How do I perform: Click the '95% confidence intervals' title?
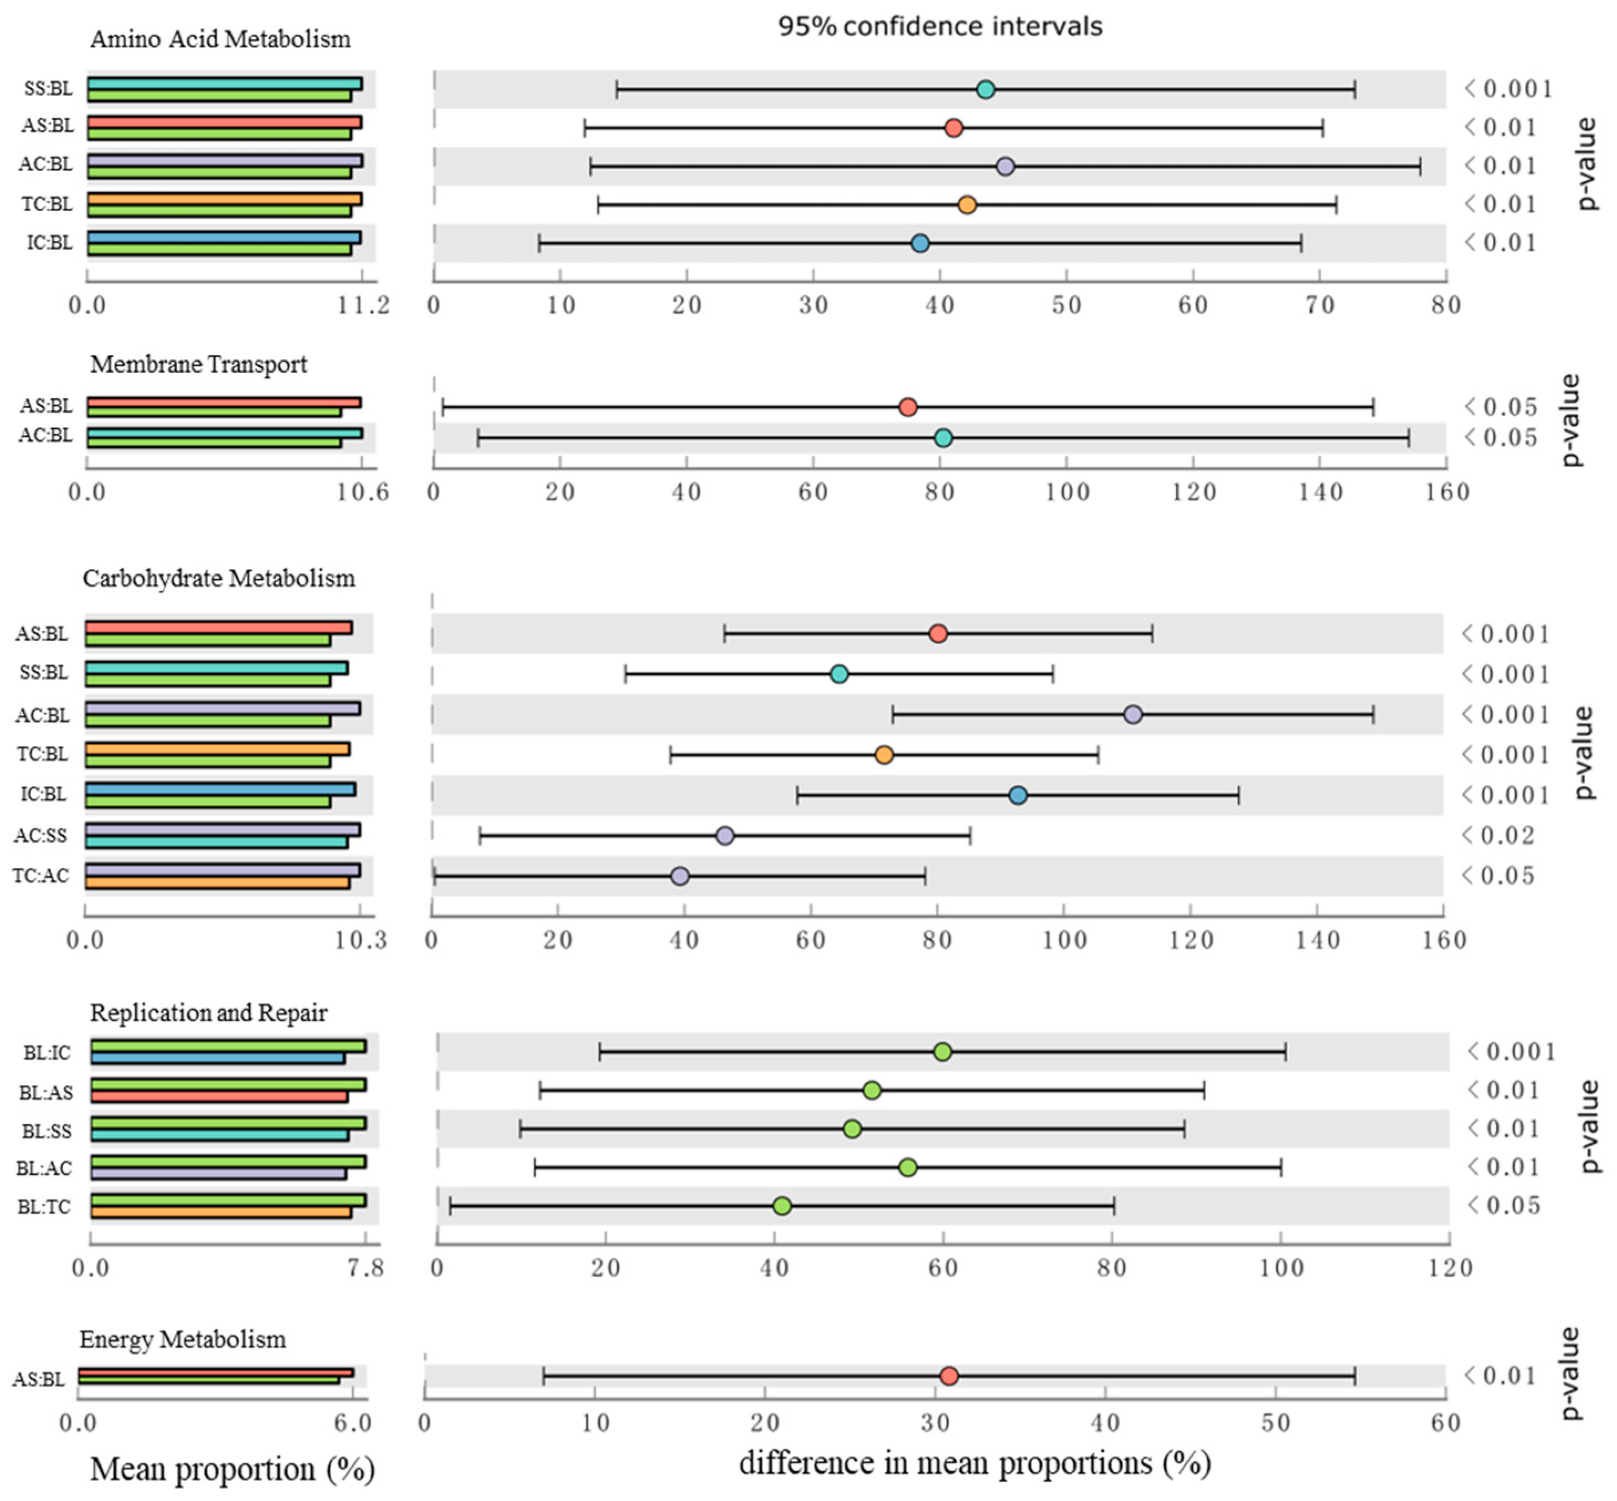coord(940,26)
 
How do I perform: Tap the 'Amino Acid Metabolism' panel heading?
coord(220,39)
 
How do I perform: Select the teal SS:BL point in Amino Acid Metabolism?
coord(985,89)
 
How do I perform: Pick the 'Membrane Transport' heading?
coord(198,364)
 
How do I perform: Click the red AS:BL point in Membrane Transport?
coord(908,407)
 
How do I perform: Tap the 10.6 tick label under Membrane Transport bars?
coord(362,492)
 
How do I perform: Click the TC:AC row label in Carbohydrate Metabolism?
coord(40,876)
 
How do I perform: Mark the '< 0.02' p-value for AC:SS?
coord(1498,836)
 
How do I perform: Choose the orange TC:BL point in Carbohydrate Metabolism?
coord(884,754)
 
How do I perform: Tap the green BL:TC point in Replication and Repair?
coord(782,1206)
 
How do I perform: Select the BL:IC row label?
coord(47,1053)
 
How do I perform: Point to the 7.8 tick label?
coord(365,1268)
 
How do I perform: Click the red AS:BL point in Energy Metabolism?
coord(949,1376)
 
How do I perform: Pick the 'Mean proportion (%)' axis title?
coord(232,1468)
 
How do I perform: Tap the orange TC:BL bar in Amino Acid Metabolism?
coord(224,199)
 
